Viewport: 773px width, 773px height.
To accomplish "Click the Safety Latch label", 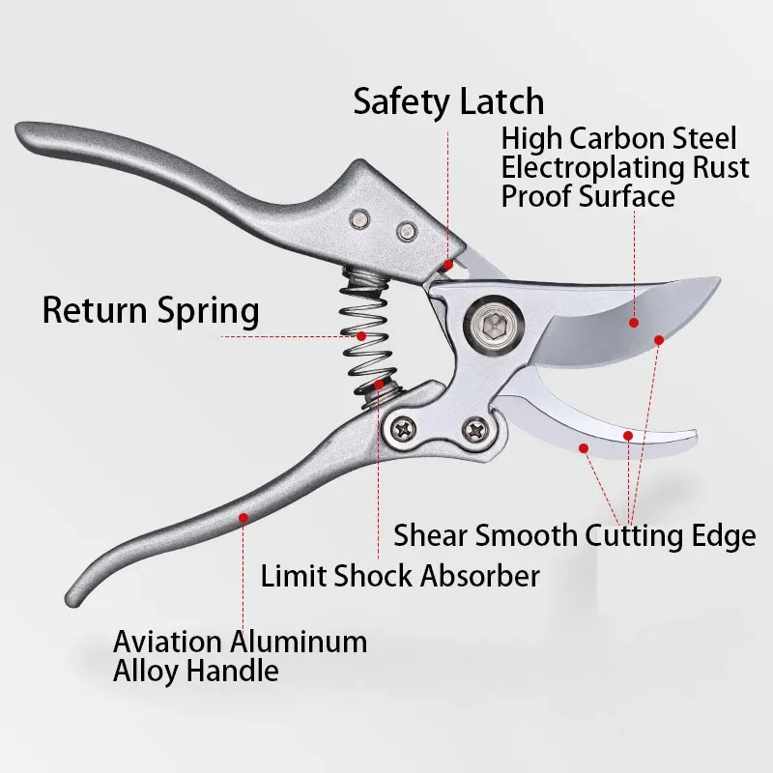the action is pos(447,101).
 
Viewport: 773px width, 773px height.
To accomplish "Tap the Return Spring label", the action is pos(151,311).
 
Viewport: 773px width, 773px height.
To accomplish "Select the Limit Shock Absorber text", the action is pos(400,577).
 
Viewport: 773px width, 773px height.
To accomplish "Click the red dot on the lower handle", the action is pos(243,518).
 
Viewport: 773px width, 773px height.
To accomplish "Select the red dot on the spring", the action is pos(361,336).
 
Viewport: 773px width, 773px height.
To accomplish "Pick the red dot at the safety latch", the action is pos(447,263).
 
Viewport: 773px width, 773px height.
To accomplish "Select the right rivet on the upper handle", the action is pos(407,232).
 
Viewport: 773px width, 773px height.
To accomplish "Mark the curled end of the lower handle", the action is pos(75,589).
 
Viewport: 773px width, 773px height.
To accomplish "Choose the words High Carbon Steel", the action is pos(618,138).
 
